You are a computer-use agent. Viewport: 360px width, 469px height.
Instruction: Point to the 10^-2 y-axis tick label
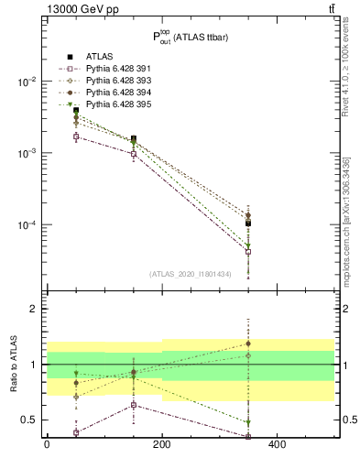[25, 82]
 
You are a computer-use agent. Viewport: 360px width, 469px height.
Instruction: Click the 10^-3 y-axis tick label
[25, 153]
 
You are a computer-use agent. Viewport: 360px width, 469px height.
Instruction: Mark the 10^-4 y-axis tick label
[25, 224]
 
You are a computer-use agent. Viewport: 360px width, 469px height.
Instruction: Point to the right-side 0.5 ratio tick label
[346, 420]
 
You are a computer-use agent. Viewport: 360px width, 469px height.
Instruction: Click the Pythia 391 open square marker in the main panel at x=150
[134, 154]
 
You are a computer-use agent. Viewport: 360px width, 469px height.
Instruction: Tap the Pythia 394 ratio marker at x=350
[248, 344]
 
